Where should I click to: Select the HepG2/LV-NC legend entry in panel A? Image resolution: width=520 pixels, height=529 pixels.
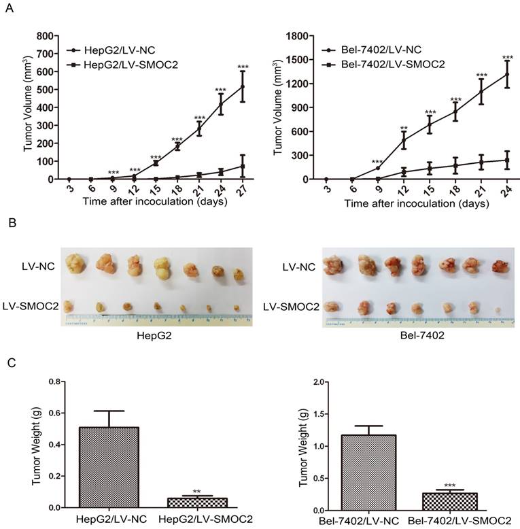109,51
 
